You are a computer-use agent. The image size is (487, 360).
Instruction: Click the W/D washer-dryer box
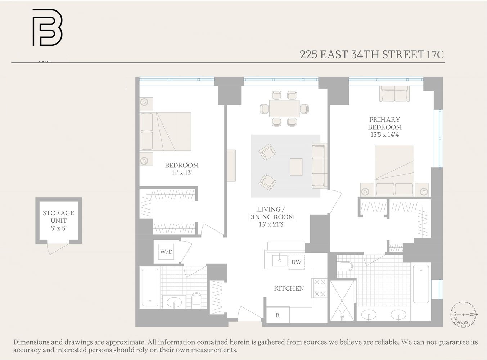pyautogui.click(x=166, y=252)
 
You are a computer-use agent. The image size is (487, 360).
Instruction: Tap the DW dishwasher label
pyautogui.click(x=296, y=262)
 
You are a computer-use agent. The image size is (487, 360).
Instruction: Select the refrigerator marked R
pyautogui.click(x=278, y=315)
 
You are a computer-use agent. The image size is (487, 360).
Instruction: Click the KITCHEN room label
pyautogui.click(x=289, y=288)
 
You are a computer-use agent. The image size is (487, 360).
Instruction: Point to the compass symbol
pyautogui.click(x=464, y=315)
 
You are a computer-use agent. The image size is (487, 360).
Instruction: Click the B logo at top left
pyautogui.click(x=48, y=28)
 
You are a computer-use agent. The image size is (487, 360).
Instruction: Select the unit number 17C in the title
pyautogui.click(x=435, y=55)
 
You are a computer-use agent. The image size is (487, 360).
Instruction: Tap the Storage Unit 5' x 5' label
pyautogui.click(x=58, y=220)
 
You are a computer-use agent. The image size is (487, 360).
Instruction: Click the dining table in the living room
pyautogui.click(x=284, y=108)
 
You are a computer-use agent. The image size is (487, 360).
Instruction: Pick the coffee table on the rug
pyautogui.click(x=296, y=167)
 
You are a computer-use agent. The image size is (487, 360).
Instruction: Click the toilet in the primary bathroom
pyautogui.click(x=346, y=266)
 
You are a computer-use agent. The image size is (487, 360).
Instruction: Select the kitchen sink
pyautogui.click(x=280, y=260)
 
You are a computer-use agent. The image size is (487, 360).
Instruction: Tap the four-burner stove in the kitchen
pyautogui.click(x=319, y=288)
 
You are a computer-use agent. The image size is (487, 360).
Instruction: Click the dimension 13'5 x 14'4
pyautogui.click(x=384, y=135)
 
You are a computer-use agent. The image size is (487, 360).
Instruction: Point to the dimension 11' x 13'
pyautogui.click(x=181, y=173)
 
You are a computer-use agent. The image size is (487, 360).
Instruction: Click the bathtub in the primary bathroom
pyautogui.click(x=421, y=284)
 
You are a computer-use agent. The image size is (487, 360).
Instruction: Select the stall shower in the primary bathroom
pyautogui.click(x=342, y=301)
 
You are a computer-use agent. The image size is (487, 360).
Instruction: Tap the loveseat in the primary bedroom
pyautogui.click(x=394, y=94)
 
